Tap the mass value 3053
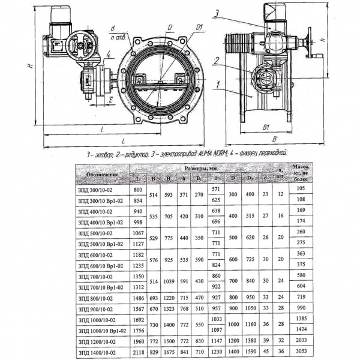(x=301, y=353)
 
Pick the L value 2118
(x=137, y=353)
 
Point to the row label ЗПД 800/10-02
(x=97, y=297)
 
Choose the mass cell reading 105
(x=301, y=188)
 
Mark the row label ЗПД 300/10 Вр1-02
(x=101, y=200)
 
